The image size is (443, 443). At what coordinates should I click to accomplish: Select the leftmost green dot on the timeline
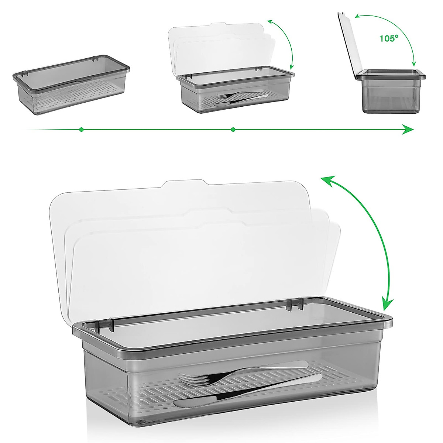tap(81, 130)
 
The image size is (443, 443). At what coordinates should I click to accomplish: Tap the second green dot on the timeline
tap(233, 130)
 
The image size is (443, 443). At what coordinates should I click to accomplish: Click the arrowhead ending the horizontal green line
tap(408, 130)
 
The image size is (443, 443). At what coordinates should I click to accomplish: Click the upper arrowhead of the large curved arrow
tap(326, 181)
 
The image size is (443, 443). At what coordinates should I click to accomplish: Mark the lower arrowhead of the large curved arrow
tap(386, 305)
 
